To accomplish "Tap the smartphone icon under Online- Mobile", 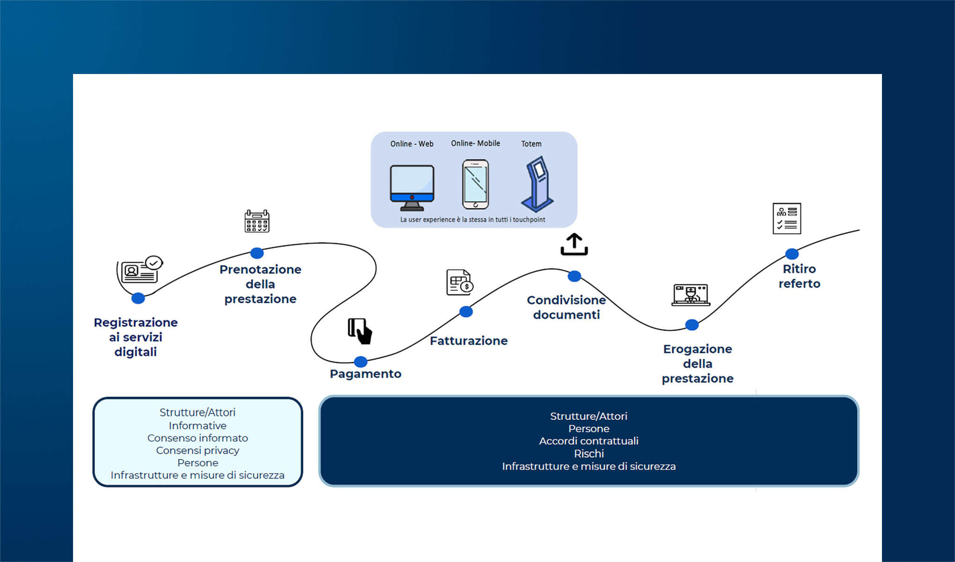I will click(475, 184).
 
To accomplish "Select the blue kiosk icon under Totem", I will click(538, 184).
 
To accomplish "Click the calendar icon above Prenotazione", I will click(257, 221).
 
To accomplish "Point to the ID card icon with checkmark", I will click(139, 270).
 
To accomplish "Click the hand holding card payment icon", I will click(360, 331).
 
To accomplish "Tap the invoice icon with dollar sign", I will click(459, 282).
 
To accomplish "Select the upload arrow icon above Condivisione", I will click(574, 244).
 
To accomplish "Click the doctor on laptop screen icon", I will click(691, 295).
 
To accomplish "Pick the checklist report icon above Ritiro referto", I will click(786, 218).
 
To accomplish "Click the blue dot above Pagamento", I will click(360, 362).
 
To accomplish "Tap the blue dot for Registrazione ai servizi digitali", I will click(138, 298).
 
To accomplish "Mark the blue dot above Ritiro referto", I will click(792, 254).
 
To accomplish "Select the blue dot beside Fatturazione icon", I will click(466, 312).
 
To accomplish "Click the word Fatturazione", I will click(469, 340).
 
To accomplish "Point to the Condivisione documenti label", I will click(566, 307).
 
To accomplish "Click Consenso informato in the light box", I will click(198, 438).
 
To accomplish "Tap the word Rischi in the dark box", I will click(588, 453).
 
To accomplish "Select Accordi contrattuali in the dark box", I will click(588, 441).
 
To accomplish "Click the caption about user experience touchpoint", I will click(472, 220).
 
